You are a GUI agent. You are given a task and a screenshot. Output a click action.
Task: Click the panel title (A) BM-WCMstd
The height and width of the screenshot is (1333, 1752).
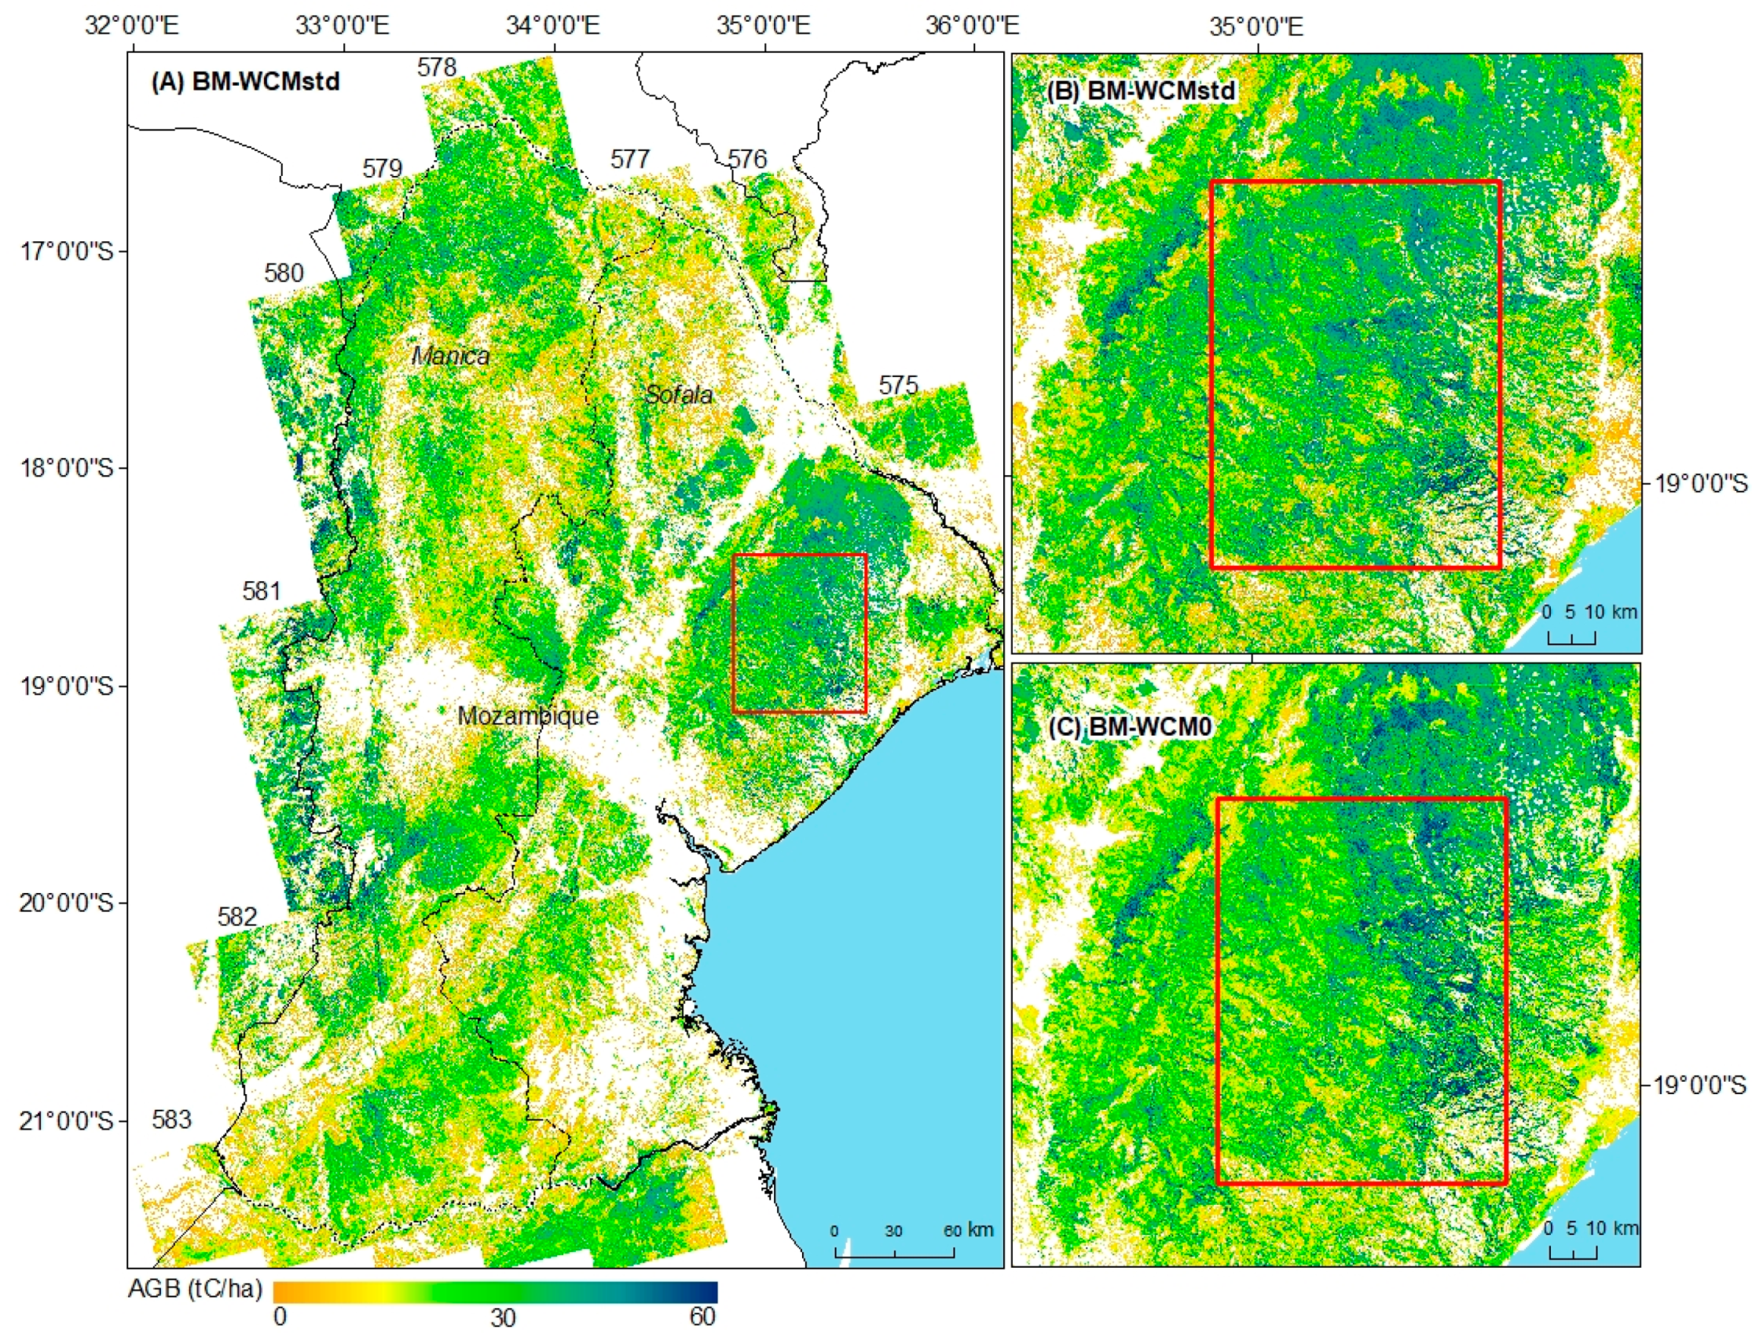pos(245,81)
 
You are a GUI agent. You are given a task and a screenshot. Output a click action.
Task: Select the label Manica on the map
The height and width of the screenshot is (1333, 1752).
pos(451,356)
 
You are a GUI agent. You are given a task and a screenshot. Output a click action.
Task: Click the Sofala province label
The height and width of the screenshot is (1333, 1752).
pos(679,394)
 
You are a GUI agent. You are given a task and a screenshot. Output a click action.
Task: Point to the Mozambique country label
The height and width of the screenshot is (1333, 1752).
pos(528,716)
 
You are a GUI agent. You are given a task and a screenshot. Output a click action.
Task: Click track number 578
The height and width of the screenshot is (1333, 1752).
pos(437,68)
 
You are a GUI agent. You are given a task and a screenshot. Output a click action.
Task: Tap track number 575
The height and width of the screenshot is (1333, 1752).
pos(898,386)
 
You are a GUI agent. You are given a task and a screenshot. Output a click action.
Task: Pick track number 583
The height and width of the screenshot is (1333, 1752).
pos(171,1119)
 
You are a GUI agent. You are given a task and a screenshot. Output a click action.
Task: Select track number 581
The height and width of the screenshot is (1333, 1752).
pos(262,591)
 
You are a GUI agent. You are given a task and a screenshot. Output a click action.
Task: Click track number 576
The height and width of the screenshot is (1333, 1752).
pos(747,159)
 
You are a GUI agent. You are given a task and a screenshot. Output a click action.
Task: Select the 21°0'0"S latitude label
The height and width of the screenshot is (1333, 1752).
pos(68,1121)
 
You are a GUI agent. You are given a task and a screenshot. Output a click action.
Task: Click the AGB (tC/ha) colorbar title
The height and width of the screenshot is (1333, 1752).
pos(195,1288)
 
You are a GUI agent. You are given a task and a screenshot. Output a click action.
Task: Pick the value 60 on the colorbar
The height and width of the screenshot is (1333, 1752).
pos(702,1317)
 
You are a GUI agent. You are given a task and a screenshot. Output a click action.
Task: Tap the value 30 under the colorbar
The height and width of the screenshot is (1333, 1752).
pos(502,1318)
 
